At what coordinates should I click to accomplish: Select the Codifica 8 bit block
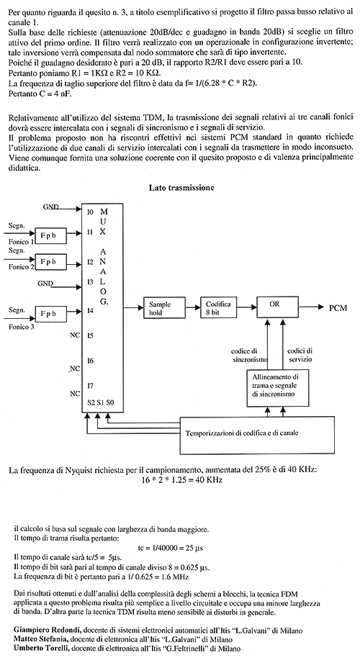[x=219, y=307]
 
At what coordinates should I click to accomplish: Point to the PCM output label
[x=338, y=308]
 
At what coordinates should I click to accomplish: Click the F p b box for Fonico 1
[x=51, y=235]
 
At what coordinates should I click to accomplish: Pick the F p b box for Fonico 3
[x=51, y=314]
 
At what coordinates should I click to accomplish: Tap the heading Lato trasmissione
[x=181, y=187]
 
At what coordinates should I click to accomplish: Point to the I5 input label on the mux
[x=90, y=335]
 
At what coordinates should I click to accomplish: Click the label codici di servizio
[x=300, y=356]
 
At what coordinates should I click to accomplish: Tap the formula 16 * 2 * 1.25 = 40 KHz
[x=181, y=479]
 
